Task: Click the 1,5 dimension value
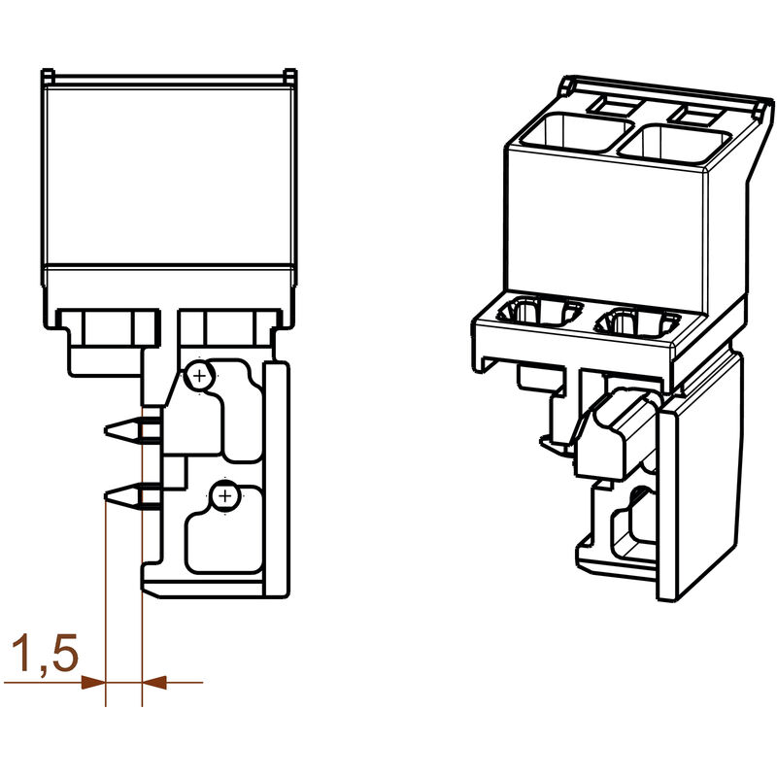coord(42,656)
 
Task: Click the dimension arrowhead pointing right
coord(93,683)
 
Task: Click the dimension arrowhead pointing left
coord(154,683)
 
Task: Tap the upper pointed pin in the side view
coord(122,428)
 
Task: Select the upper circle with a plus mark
coord(198,375)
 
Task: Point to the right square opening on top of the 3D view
coord(673,144)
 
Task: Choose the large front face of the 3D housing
coord(602,223)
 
